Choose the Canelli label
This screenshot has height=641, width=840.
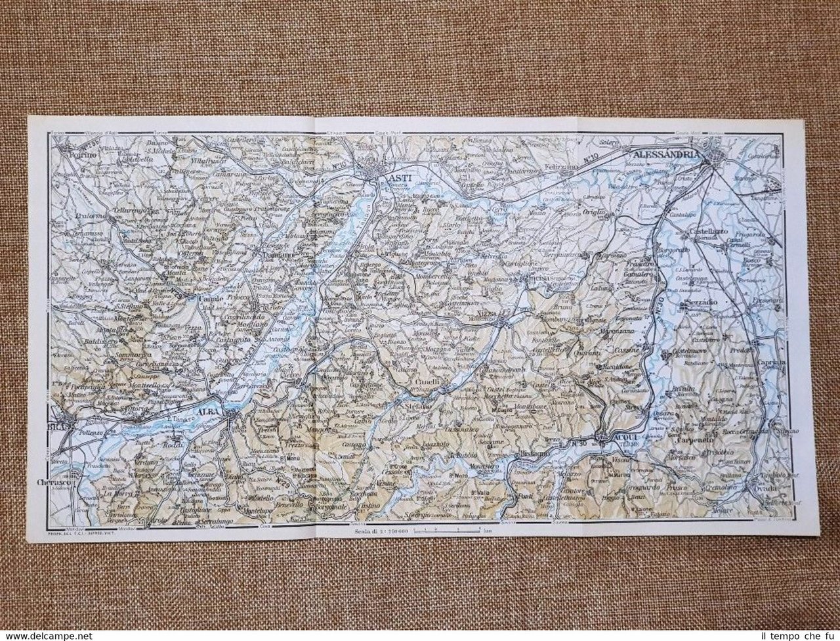[x=427, y=383]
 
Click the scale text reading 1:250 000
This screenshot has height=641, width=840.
[x=381, y=531]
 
